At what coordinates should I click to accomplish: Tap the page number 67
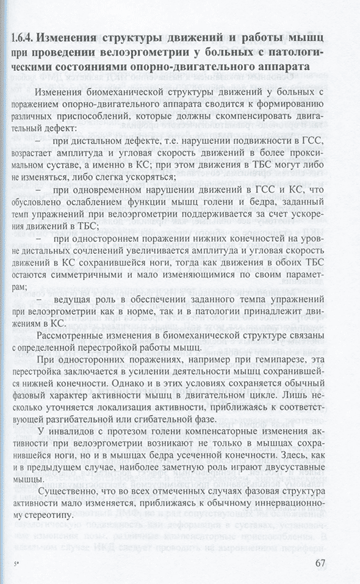[332, 562]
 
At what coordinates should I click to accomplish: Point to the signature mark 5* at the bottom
[14, 565]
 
